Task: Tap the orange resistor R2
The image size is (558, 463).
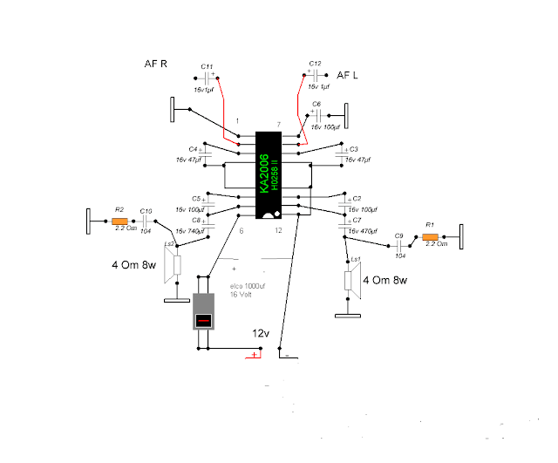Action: [x=119, y=222]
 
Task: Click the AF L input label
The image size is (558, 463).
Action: [x=348, y=76]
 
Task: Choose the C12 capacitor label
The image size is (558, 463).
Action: [x=315, y=64]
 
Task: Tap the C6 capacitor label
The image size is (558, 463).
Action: [x=316, y=104]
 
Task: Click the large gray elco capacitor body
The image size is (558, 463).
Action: [x=203, y=311]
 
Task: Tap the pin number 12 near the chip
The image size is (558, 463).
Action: [x=278, y=230]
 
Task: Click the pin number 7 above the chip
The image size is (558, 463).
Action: [x=278, y=126]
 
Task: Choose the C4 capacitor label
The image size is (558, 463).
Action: [x=193, y=149]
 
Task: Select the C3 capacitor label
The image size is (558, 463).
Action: [x=354, y=149]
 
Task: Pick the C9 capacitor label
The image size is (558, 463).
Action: [x=398, y=235]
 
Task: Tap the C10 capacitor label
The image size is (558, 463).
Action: [x=146, y=211]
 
